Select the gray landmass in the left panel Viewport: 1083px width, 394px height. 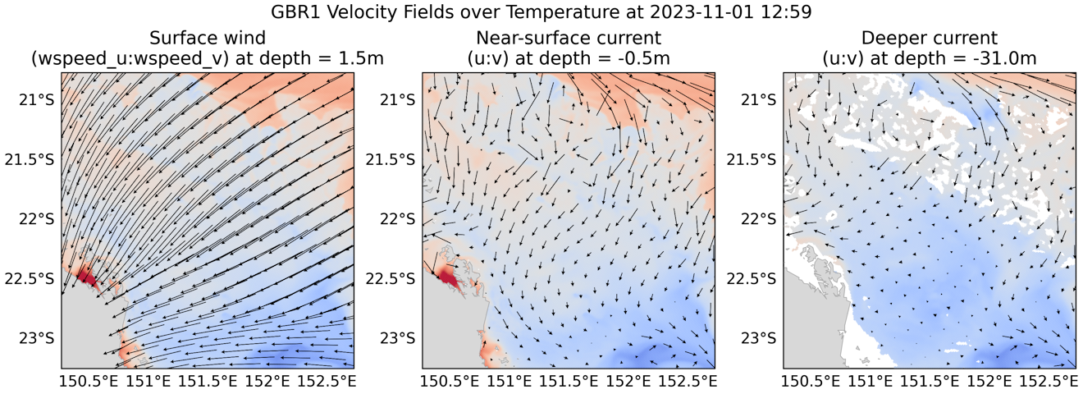click(x=86, y=332)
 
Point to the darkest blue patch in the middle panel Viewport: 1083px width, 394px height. click(x=656, y=355)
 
